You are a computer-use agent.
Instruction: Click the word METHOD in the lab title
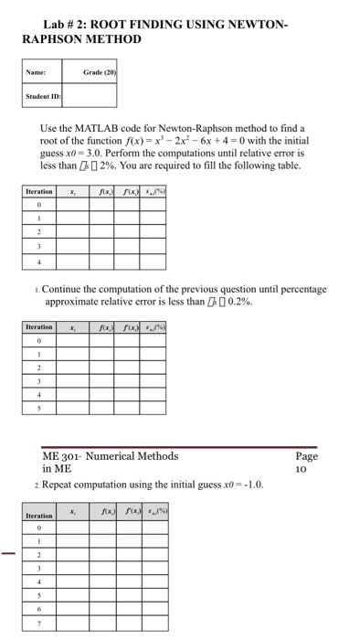click(x=113, y=39)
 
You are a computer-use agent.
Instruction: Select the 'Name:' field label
click(x=37, y=70)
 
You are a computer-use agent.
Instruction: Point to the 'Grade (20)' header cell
click(x=93, y=70)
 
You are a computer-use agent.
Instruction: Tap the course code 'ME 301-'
click(x=65, y=456)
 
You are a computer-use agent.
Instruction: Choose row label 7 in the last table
click(x=38, y=624)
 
